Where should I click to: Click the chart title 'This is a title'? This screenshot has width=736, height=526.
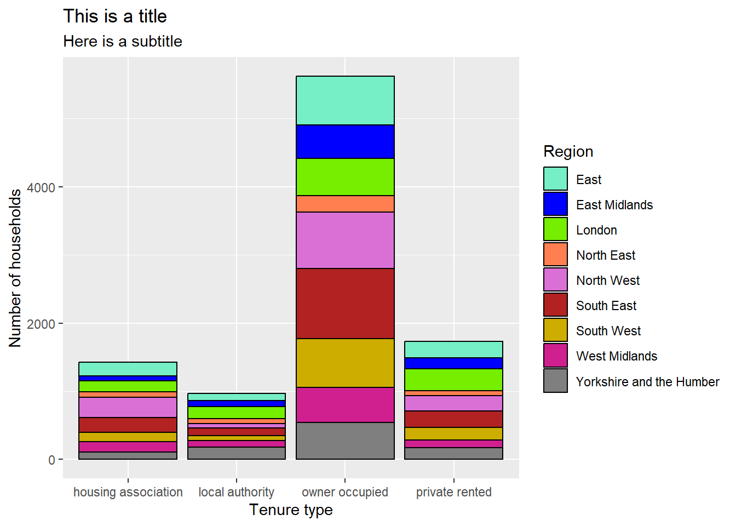tap(114, 16)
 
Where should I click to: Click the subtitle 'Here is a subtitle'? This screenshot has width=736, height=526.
tap(122, 42)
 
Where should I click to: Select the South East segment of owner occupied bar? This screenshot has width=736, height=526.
tap(345, 304)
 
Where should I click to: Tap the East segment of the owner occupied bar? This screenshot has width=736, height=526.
tap(345, 101)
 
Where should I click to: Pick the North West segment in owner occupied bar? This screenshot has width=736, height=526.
tap(345, 240)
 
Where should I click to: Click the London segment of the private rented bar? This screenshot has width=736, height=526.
tap(453, 380)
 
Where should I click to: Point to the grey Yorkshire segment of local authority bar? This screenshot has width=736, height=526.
tap(237, 453)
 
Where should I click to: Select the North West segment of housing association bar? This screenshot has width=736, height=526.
tap(128, 408)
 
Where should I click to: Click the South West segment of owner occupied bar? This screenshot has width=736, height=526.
tap(345, 363)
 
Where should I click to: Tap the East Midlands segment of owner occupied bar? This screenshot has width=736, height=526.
tap(345, 142)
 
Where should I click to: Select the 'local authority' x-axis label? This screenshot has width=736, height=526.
tap(236, 492)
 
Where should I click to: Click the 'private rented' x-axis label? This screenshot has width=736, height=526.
tap(453, 492)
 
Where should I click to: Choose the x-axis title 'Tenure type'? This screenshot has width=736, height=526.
tap(291, 510)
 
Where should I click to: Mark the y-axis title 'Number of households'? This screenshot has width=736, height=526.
tap(15, 268)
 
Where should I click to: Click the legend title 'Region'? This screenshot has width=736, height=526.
tap(568, 152)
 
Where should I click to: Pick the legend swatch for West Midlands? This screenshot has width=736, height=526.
tap(555, 356)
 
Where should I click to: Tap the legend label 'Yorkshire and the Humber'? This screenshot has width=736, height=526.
tap(647, 382)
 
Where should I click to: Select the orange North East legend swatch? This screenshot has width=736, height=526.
tap(555, 255)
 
